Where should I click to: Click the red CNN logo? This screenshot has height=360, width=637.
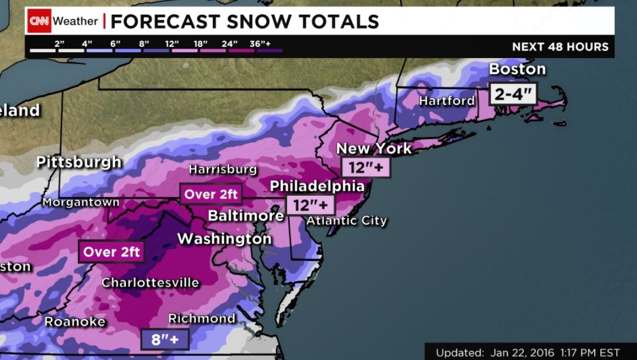point(39,21)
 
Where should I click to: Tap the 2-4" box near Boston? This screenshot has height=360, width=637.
point(513,94)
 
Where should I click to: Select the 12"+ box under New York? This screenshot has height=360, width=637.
point(366,168)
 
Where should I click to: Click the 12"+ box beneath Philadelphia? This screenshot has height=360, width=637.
point(310,205)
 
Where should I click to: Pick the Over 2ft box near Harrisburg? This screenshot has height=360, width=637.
point(211,194)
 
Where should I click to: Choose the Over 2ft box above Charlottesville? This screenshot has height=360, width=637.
point(111,252)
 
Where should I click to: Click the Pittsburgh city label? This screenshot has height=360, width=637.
point(79,162)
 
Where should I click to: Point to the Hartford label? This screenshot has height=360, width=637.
point(447,101)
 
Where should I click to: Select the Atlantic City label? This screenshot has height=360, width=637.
point(347,220)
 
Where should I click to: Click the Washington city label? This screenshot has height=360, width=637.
point(224,239)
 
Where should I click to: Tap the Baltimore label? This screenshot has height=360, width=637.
point(246,216)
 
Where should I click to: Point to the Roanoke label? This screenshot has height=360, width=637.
point(75,321)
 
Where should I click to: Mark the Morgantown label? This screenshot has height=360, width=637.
point(81,202)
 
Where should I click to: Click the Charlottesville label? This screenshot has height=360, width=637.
point(151,283)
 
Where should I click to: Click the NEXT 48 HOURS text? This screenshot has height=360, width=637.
point(560,47)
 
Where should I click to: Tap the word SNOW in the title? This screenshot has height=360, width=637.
point(260,22)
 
